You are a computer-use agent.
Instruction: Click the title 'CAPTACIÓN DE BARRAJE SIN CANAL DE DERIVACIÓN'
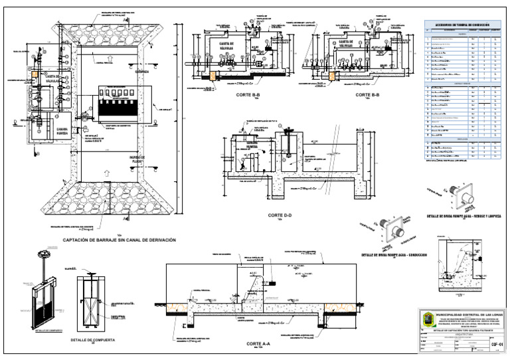tap(120, 240)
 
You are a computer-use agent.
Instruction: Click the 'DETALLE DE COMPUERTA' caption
tap(93, 340)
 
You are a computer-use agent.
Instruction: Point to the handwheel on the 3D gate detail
tap(45, 254)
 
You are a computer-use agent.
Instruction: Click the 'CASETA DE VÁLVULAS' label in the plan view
tap(52, 79)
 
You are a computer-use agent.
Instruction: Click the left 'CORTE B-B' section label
tap(247, 95)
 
